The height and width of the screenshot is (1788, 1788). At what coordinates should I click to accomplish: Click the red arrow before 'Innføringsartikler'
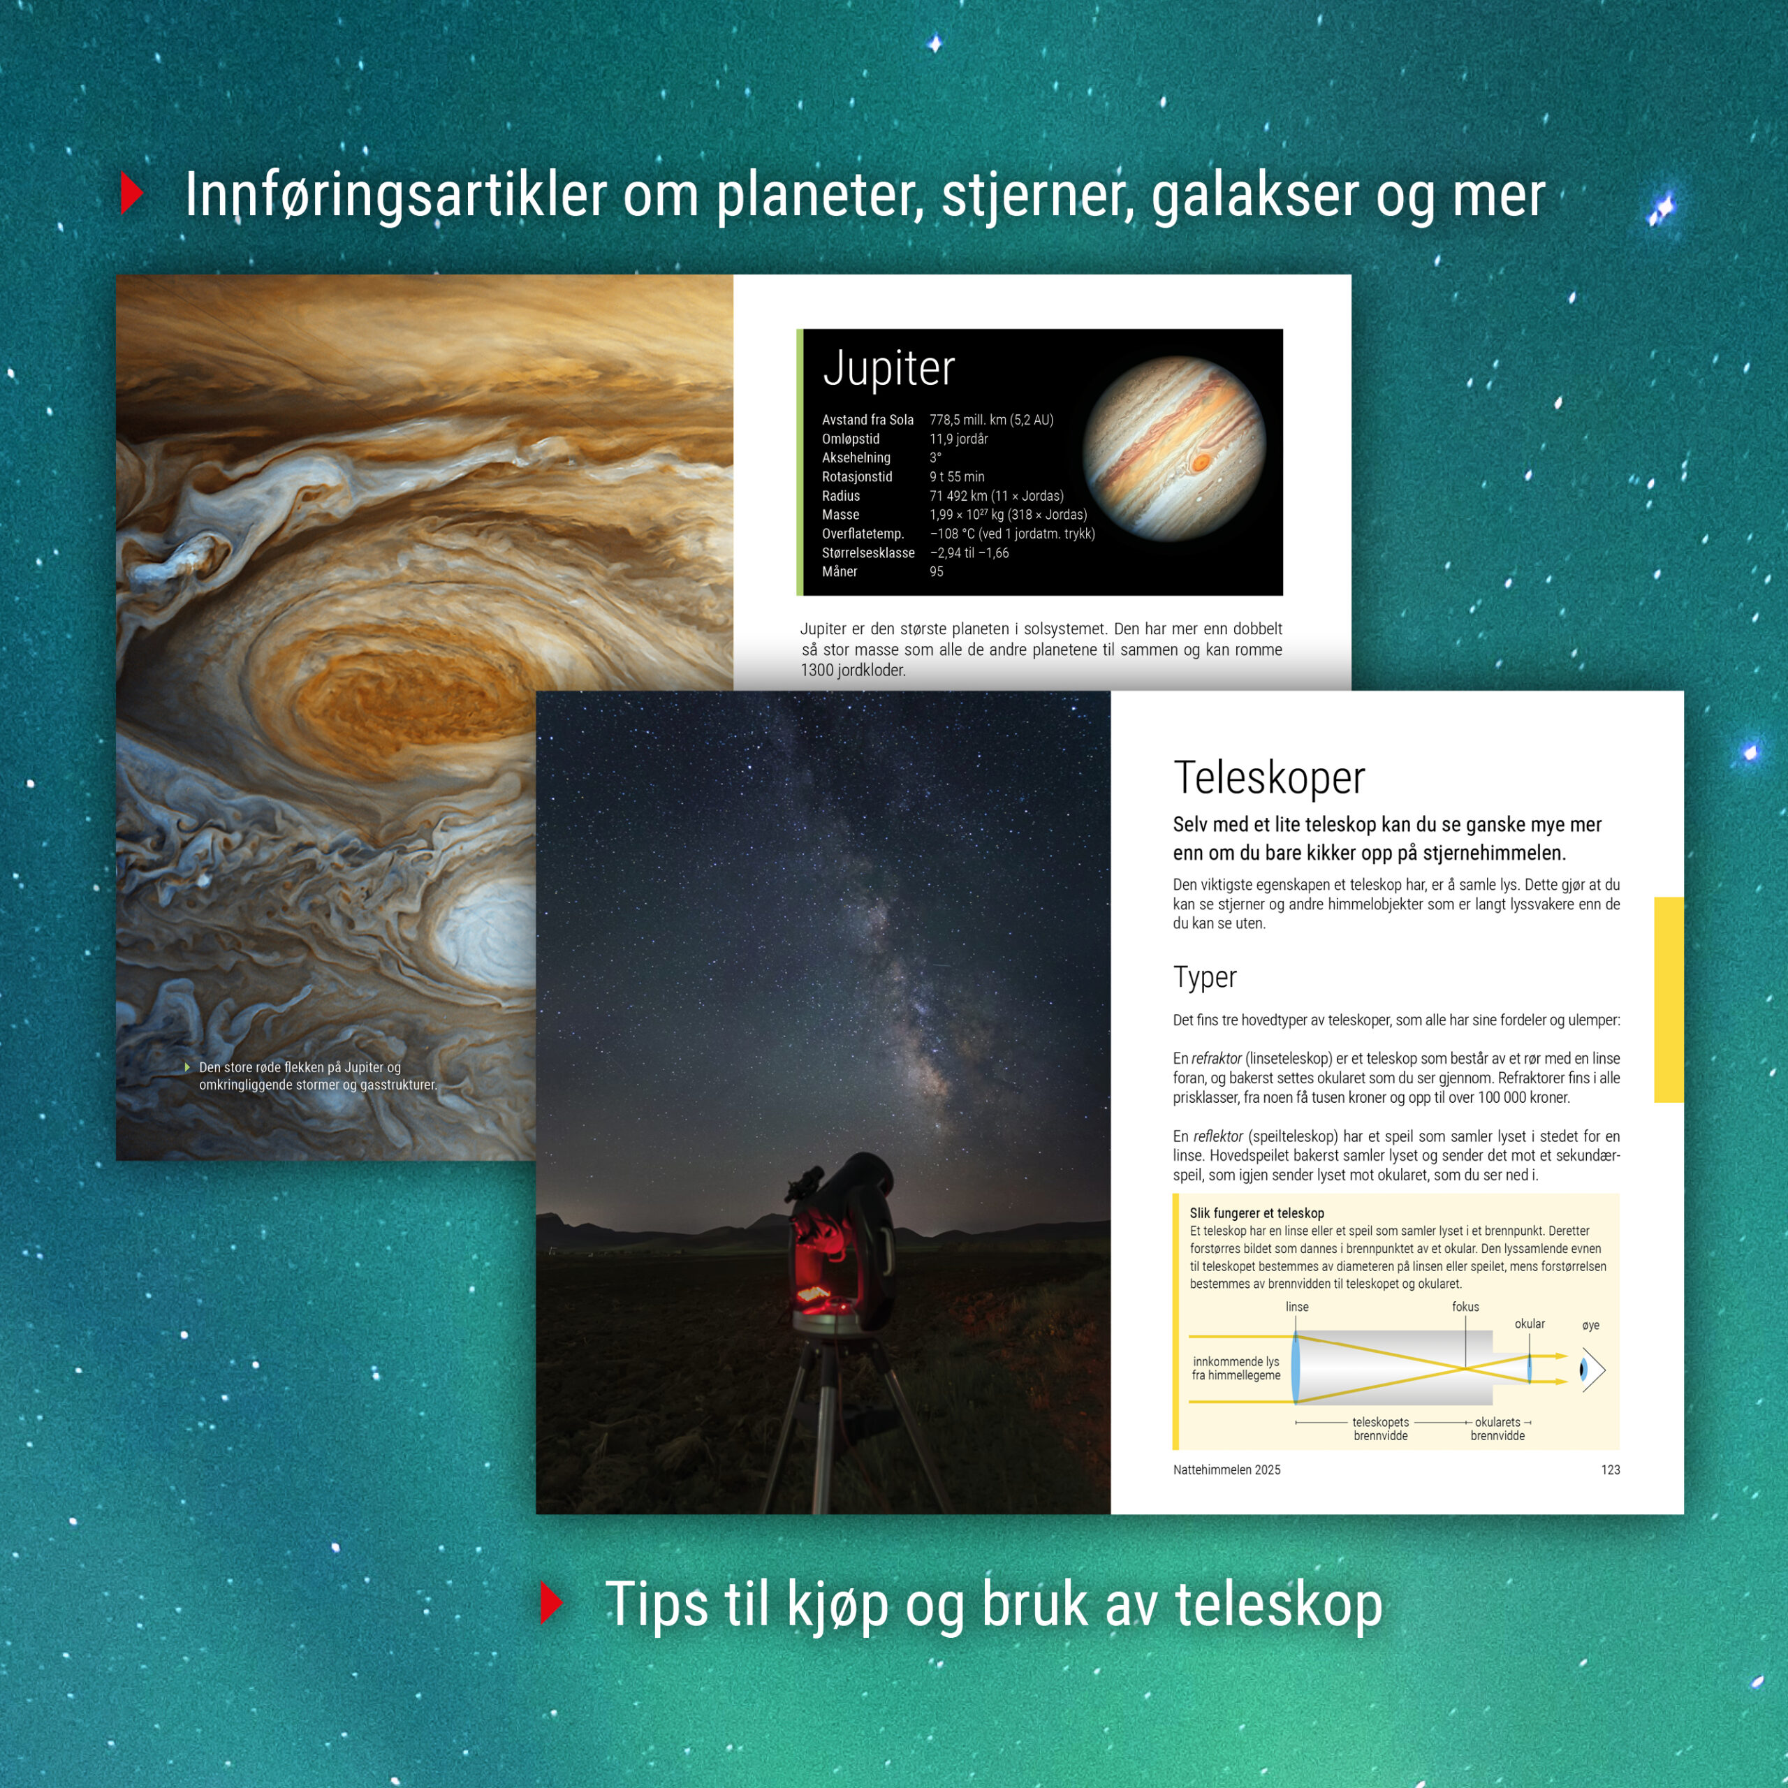point(132,193)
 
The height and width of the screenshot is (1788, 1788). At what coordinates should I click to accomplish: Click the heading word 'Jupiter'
point(888,368)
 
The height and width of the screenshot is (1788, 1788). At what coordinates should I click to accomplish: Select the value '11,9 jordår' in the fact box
point(959,439)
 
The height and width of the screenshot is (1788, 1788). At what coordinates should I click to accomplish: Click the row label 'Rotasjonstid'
point(857,476)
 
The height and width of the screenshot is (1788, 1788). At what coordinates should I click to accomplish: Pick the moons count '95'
point(937,572)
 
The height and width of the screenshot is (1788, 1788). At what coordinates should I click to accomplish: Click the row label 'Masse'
point(840,515)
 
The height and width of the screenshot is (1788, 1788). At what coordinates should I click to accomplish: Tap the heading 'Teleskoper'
point(1269,777)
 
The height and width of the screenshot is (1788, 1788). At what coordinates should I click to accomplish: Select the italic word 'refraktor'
point(1217,1058)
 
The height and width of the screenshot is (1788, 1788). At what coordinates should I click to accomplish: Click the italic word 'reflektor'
point(1218,1136)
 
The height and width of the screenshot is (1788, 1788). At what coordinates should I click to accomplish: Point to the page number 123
point(1611,1470)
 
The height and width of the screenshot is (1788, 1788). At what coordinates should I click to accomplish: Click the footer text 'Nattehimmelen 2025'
point(1226,1470)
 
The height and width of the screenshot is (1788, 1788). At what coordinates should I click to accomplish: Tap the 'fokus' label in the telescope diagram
point(1465,1307)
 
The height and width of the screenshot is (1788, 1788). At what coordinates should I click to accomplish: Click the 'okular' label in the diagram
point(1530,1324)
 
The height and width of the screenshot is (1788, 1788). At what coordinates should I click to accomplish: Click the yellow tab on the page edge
point(1669,999)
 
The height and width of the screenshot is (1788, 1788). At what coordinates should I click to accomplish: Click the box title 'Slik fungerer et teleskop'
point(1256,1212)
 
